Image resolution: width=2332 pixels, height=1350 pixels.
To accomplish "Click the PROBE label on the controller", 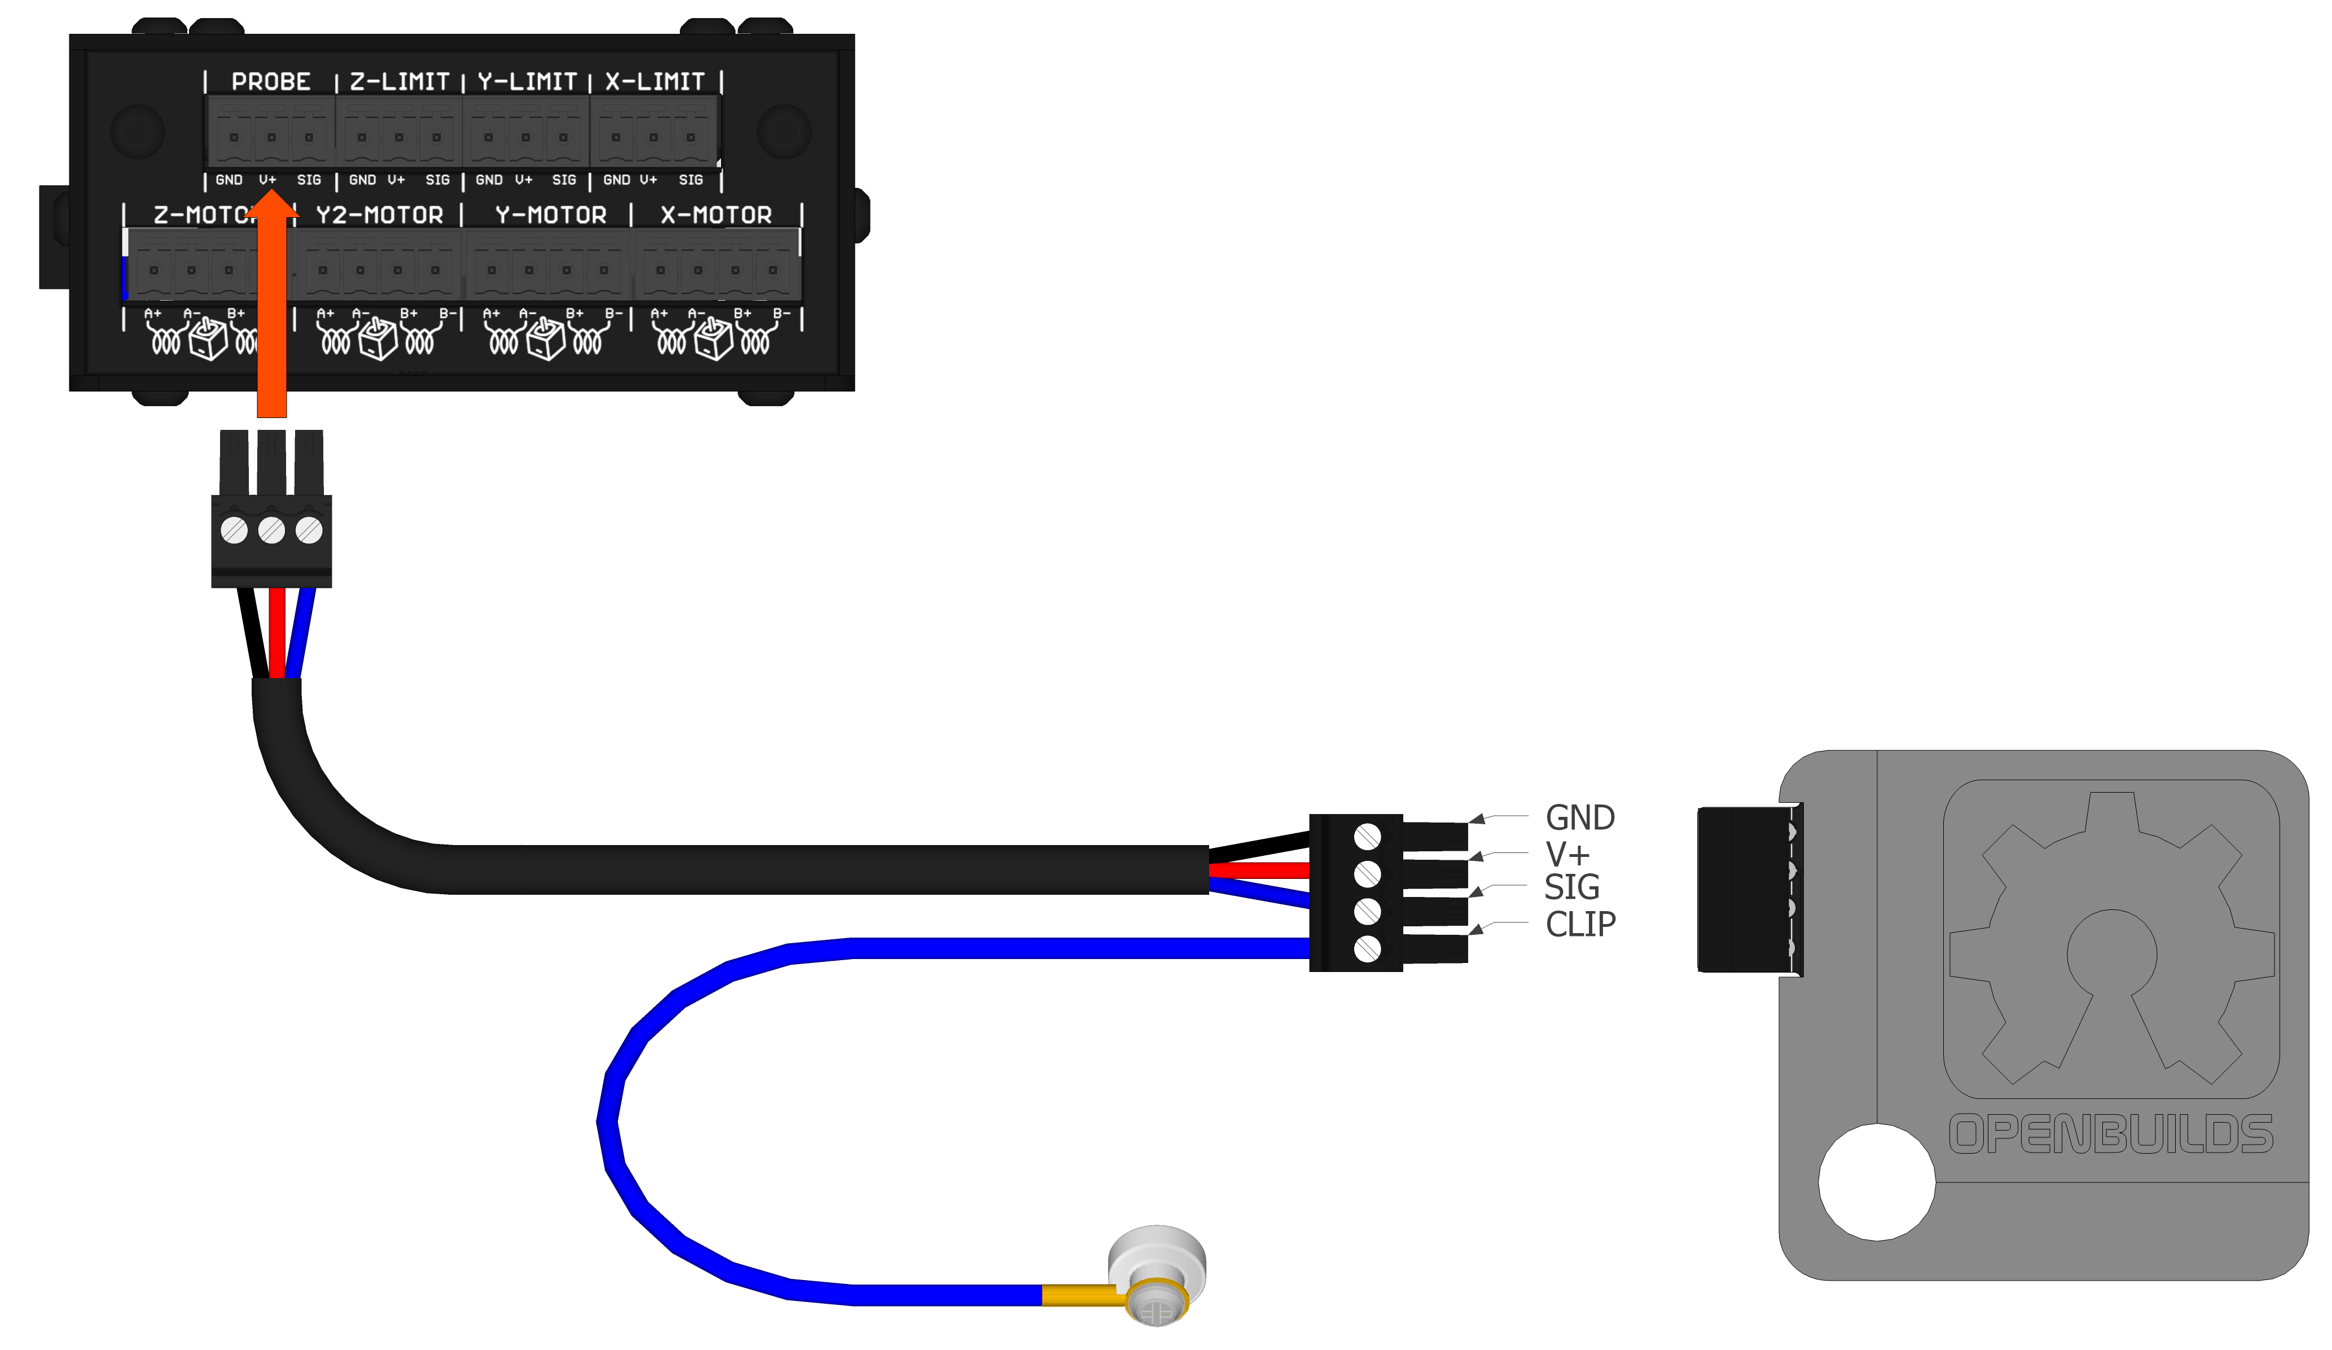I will tap(270, 81).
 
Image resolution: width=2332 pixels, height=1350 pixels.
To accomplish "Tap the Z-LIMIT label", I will tap(399, 81).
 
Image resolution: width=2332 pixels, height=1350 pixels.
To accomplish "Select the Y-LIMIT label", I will tap(526, 81).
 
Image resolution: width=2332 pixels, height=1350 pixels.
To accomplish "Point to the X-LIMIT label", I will tap(655, 81).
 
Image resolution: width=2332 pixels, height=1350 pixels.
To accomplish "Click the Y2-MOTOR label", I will tap(379, 215).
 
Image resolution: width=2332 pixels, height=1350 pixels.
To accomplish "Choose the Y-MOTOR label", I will tap(551, 215).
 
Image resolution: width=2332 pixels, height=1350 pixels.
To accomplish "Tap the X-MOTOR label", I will tap(715, 215).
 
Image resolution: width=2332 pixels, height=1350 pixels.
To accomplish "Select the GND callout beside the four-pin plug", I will tap(1580, 818).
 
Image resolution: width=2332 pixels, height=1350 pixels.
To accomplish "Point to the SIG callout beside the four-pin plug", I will tap(1571, 887).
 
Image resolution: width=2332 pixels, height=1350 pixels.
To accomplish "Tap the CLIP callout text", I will tap(1580, 924).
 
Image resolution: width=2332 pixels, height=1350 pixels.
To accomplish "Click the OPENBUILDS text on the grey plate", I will tap(2111, 1134).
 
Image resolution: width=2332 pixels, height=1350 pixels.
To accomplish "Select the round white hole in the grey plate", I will tap(1877, 1181).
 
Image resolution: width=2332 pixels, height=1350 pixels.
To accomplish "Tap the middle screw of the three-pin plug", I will tap(271, 530).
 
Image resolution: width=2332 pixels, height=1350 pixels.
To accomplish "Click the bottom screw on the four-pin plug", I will tap(1367, 948).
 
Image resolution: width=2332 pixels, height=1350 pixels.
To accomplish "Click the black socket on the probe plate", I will tap(1745, 889).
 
